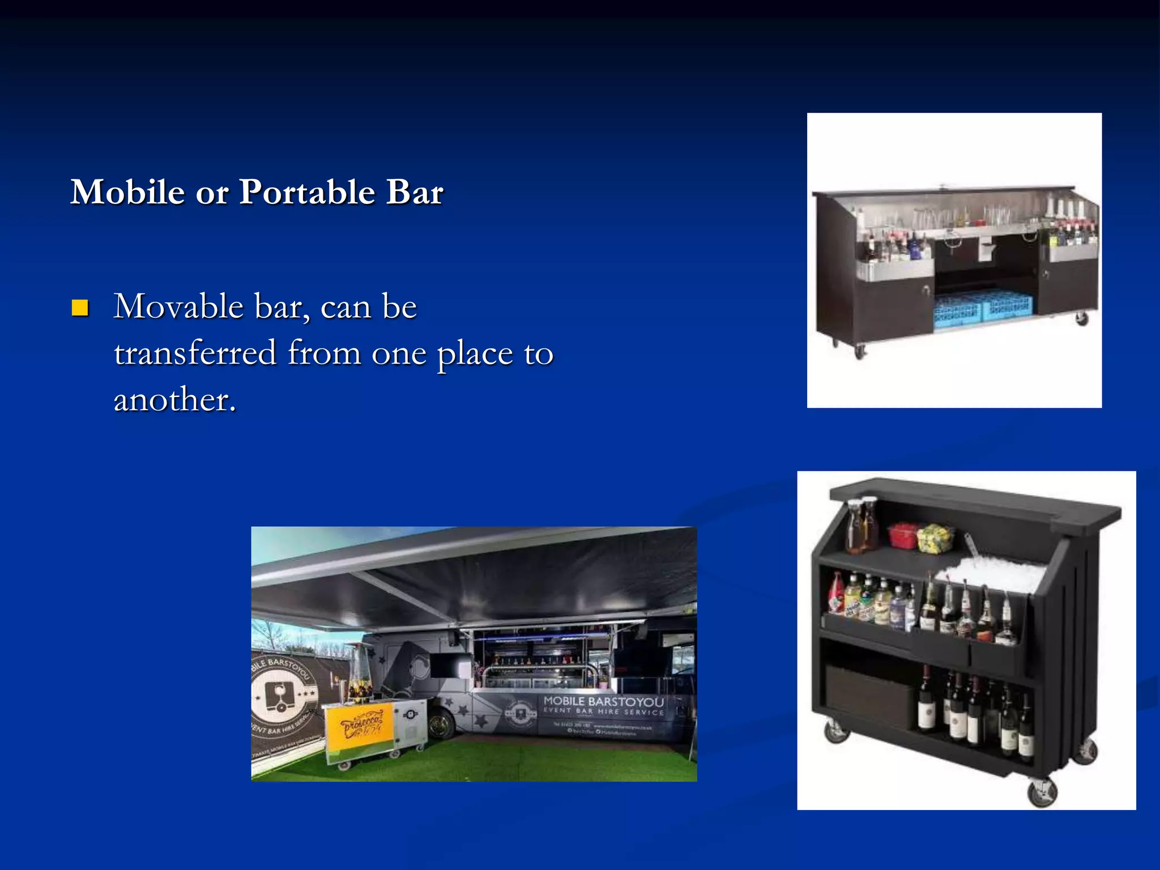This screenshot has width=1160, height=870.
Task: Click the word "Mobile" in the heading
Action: pyautogui.click(x=127, y=192)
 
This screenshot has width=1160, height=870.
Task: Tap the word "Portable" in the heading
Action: pyautogui.click(x=306, y=192)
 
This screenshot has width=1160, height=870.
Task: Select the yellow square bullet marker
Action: pyautogui.click(x=80, y=308)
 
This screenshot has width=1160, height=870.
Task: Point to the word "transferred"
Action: pyautogui.click(x=195, y=353)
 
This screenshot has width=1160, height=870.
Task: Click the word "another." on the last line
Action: pyautogui.click(x=174, y=400)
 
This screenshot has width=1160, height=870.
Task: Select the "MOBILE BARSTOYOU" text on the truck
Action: pyautogui.click(x=603, y=702)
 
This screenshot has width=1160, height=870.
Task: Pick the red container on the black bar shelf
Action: pyautogui.click(x=902, y=535)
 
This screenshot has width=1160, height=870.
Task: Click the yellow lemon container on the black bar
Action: pyautogui.click(x=935, y=538)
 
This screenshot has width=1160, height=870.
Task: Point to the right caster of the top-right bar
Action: pyautogui.click(x=1082, y=318)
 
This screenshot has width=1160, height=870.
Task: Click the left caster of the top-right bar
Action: pyautogui.click(x=859, y=352)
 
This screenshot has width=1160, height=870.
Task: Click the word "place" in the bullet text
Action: pyautogui.click(x=475, y=354)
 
